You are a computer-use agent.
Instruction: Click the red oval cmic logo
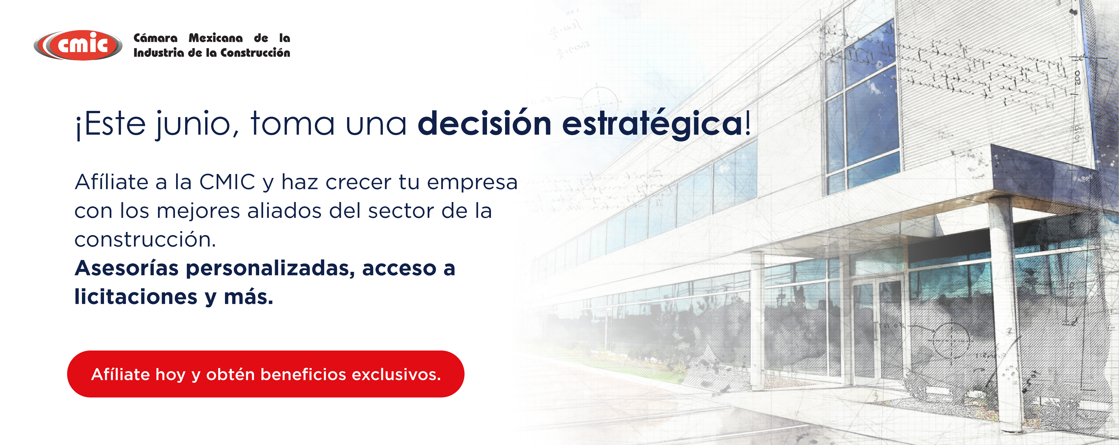[x=78, y=45]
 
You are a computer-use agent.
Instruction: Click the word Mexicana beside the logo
[x=216, y=38]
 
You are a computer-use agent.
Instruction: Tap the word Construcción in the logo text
[x=256, y=53]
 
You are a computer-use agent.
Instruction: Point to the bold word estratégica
[x=652, y=125]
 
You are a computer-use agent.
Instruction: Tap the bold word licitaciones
[x=136, y=297]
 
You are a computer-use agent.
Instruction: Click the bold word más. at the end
[x=248, y=297]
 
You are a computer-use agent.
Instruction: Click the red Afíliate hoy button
[x=266, y=374]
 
